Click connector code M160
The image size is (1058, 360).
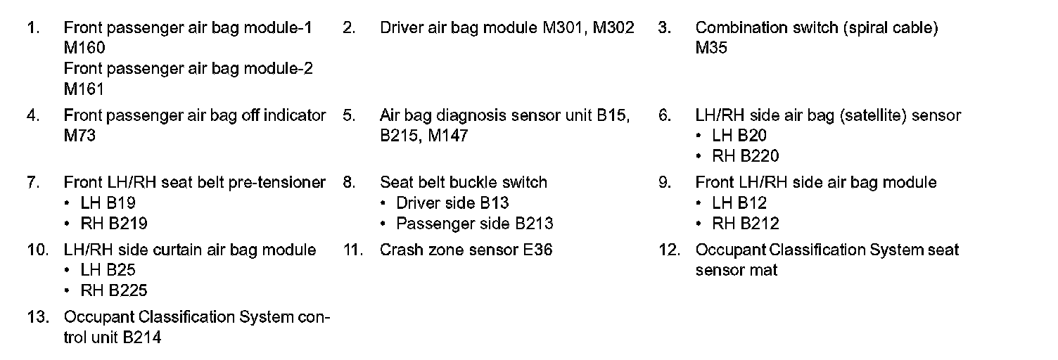point(84,49)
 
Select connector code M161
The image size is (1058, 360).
point(84,89)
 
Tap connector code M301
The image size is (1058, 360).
point(565,28)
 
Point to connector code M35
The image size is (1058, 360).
point(711,49)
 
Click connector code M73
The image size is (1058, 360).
point(79,136)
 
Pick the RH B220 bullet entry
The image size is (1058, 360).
point(746,156)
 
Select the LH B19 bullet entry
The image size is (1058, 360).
point(108,203)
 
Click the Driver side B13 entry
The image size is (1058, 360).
point(452,203)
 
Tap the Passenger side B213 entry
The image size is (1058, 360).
point(475,224)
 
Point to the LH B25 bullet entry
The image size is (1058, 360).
point(108,271)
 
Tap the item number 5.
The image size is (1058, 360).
point(349,115)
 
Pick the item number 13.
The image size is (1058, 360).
point(37,318)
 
